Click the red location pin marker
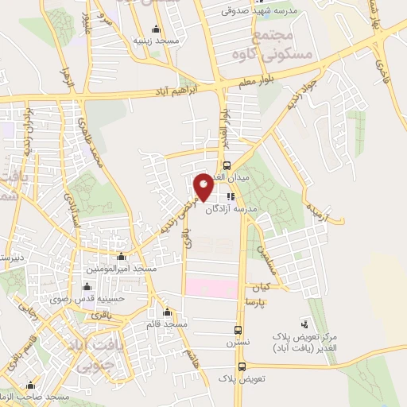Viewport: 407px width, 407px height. pyautogui.click(x=203, y=187)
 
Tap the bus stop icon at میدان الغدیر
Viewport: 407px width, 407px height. pyautogui.click(x=227, y=166)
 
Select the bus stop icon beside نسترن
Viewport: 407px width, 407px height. pyautogui.click(x=238, y=329)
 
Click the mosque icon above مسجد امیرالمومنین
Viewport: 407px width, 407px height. pyautogui.click(x=120, y=257)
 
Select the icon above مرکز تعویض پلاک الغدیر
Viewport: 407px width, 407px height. pyautogui.click(x=304, y=324)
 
